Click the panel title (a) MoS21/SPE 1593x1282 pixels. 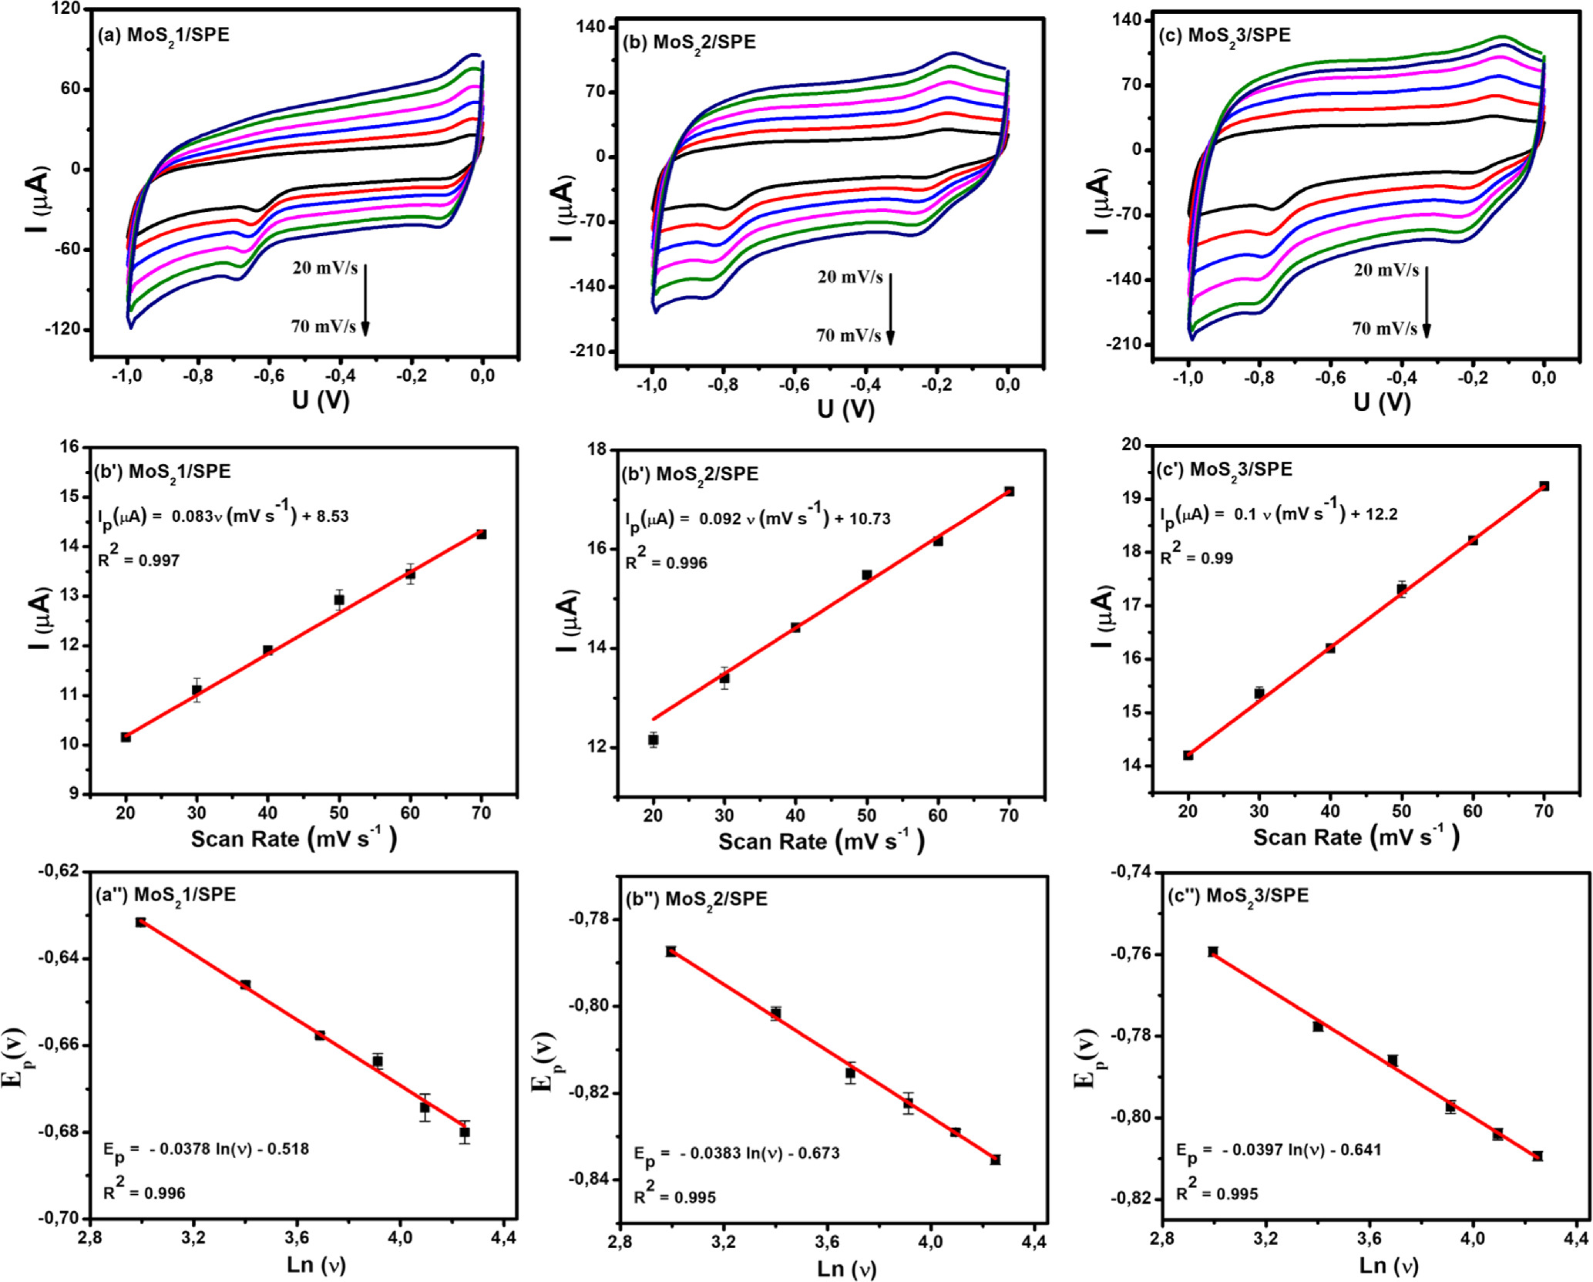[x=163, y=35]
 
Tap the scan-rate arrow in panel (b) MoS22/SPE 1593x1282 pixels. [x=890, y=308]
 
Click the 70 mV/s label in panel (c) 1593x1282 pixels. [x=1384, y=329]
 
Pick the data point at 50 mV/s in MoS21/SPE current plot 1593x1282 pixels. [x=339, y=600]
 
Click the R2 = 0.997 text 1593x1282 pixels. [x=139, y=560]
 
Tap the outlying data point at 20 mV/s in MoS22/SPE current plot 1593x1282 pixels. [x=654, y=740]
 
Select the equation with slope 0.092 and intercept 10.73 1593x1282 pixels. [x=758, y=520]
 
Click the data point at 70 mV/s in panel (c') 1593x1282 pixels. [x=1544, y=486]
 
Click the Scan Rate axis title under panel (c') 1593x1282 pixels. [x=1356, y=837]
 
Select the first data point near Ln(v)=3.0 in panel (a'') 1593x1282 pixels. [x=140, y=922]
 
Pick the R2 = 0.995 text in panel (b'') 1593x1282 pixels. [x=674, y=1196]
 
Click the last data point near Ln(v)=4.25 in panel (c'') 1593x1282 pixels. [x=1538, y=1156]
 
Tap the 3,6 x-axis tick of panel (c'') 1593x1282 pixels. [x=1369, y=1238]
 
